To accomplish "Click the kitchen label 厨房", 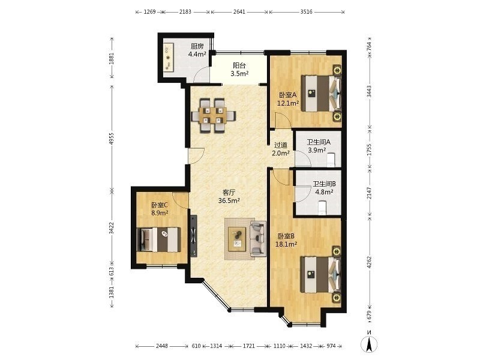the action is [197, 47].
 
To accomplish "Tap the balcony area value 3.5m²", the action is [239, 73].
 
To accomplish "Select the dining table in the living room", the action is [214, 115].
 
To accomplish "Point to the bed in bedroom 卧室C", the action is [158, 239].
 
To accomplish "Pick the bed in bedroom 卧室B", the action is [320, 274].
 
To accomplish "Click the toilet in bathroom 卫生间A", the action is [331, 160].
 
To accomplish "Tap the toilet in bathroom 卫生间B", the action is [322, 207].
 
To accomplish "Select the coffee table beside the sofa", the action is [236, 239].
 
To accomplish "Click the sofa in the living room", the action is [258, 239].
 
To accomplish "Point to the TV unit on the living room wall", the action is [193, 236].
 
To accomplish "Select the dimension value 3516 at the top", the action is [307, 12].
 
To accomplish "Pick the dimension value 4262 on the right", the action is [369, 262].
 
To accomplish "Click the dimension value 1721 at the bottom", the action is [249, 346].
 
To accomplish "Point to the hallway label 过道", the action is [281, 145].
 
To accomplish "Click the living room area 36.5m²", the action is [229, 201].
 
